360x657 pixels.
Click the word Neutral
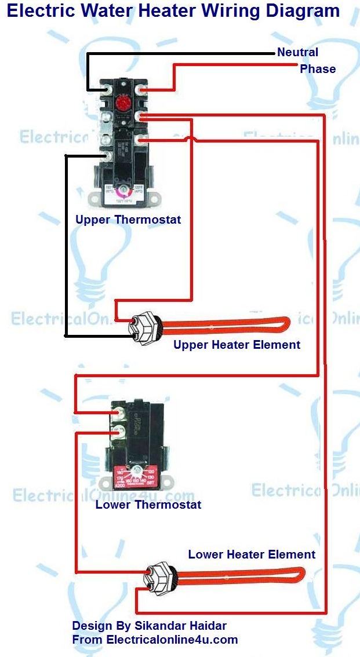(297, 52)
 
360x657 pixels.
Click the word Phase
(318, 69)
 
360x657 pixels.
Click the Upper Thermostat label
(128, 220)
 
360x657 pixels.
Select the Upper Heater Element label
(237, 345)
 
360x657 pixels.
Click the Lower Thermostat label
(148, 505)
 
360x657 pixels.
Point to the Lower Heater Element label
(252, 554)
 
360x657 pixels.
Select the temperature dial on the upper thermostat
(123, 194)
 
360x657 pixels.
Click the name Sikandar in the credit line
(164, 626)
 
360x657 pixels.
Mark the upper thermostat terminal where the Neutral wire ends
(108, 90)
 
